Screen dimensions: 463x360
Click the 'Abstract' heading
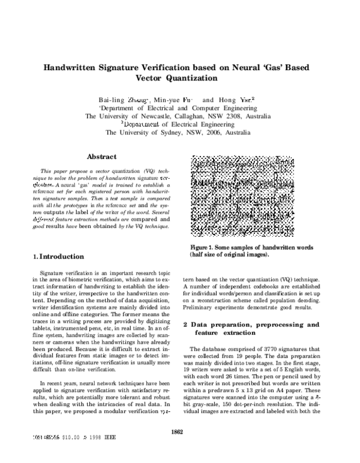point(102,157)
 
